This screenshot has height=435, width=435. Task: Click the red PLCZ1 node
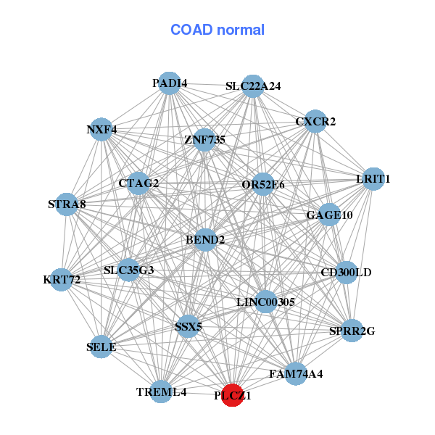tap(232, 395)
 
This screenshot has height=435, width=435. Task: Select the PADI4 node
tap(169, 83)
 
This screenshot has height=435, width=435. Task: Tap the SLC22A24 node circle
tap(252, 86)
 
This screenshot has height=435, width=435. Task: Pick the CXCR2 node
tap(315, 121)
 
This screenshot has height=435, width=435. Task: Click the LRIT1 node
tap(373, 179)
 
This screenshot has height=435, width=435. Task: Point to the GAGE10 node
tap(329, 215)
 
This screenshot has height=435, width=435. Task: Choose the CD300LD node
tap(346, 273)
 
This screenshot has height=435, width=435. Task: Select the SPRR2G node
tap(352, 331)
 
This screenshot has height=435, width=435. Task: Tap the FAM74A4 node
tap(296, 373)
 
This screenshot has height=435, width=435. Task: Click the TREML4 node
tap(161, 391)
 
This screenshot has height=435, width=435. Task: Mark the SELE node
tap(101, 347)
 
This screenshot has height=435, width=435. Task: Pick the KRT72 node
tap(62, 280)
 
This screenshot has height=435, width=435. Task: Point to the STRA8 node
tap(67, 204)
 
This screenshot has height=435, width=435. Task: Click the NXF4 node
tap(101, 129)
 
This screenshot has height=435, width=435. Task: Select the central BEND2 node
tap(205, 240)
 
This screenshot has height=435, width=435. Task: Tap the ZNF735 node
tap(204, 140)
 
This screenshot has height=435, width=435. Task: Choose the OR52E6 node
tap(262, 184)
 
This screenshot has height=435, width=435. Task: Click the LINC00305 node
tap(266, 302)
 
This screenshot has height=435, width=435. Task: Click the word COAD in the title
tap(191, 30)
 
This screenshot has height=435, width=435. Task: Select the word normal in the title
tap(241, 30)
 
